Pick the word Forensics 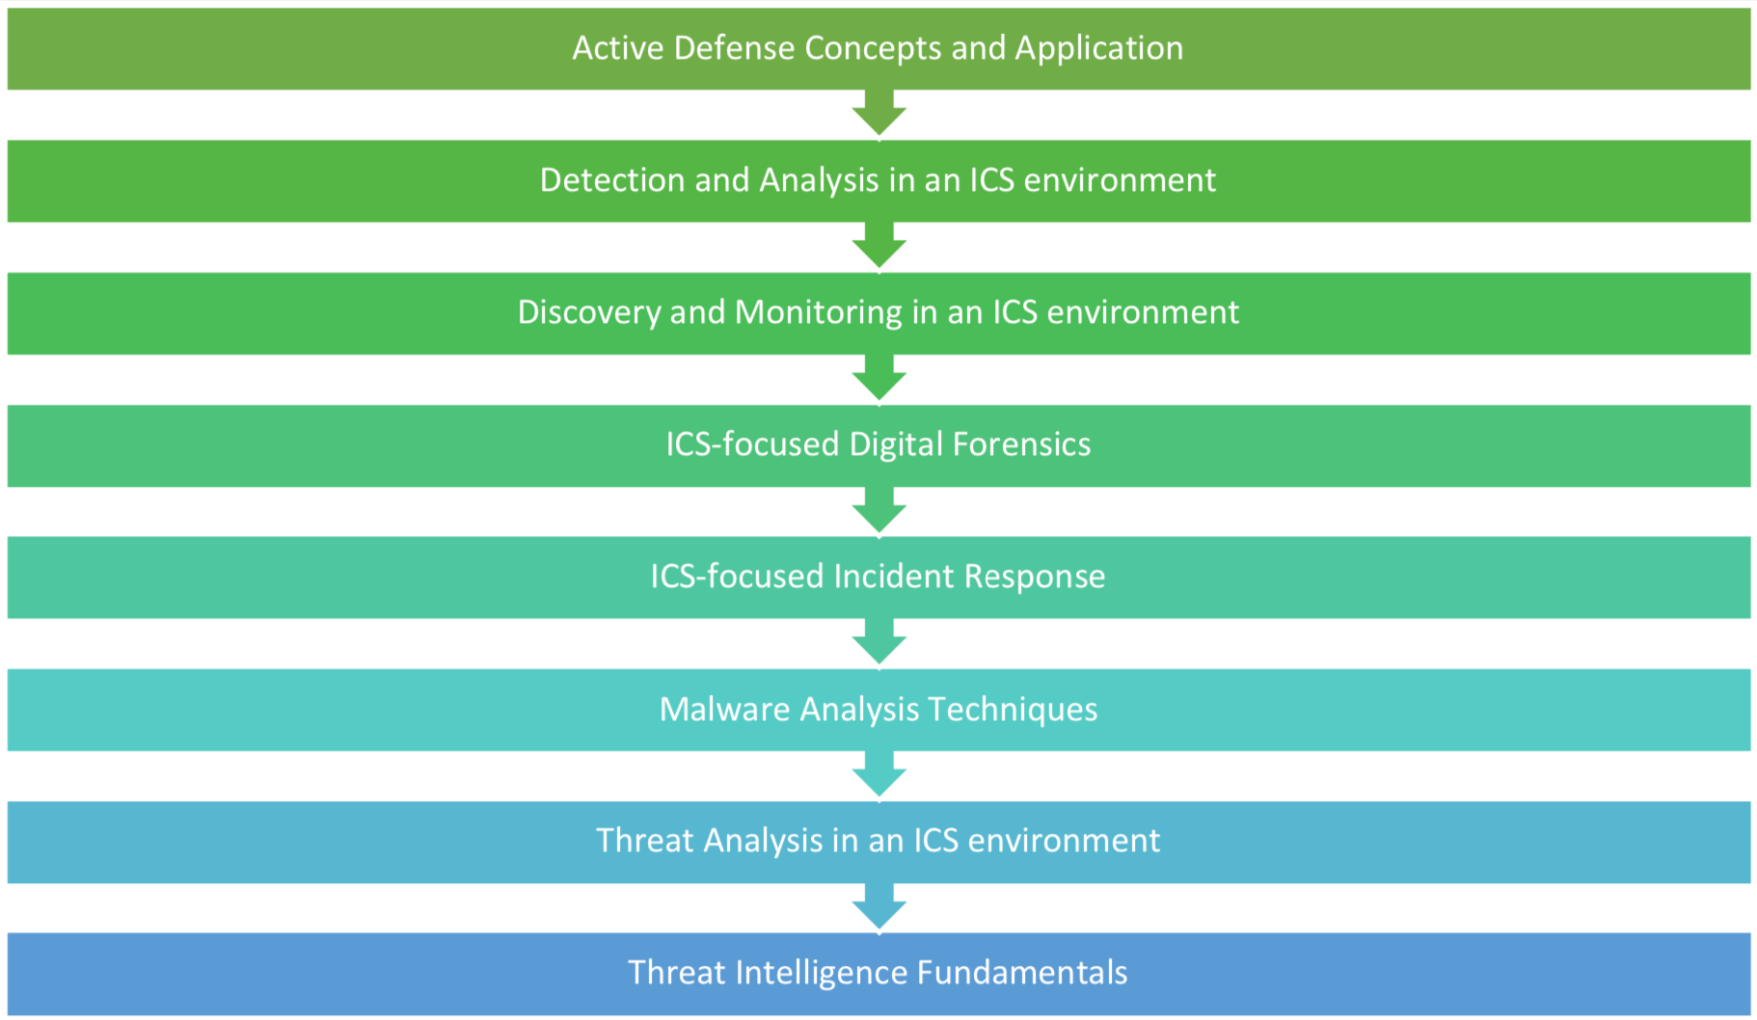[1021, 444]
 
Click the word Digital [896, 445]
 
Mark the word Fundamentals [1022, 973]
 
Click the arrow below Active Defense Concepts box [878, 114]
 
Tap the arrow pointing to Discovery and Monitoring [878, 246]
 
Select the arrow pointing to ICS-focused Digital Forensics [878, 378]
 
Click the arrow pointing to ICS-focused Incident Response [878, 510]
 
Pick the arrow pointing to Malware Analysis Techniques [878, 642]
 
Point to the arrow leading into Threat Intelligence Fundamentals [878, 907]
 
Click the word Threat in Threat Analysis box [645, 841]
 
